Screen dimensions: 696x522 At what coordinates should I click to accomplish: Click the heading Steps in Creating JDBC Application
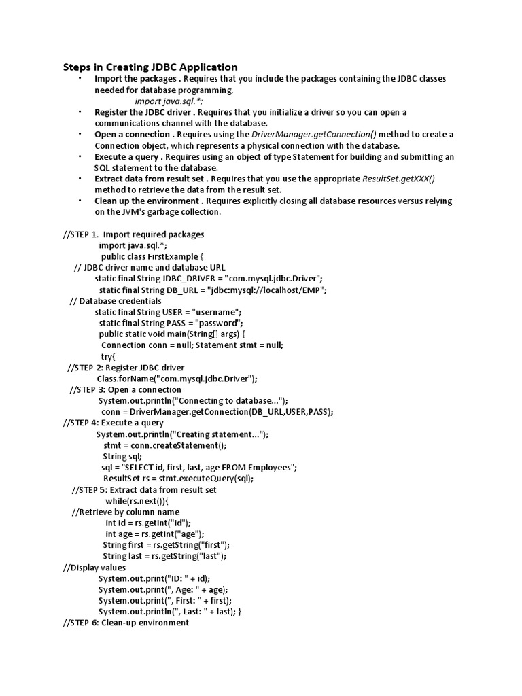coord(150,67)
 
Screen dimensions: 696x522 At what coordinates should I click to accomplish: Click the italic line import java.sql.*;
coord(164,101)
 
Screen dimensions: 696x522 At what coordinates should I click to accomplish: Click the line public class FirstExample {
coord(152,256)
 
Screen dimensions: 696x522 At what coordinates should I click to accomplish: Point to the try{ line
coord(109,356)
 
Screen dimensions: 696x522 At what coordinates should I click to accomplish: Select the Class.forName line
coord(177,379)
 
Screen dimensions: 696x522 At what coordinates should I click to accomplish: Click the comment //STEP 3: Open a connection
coord(126,389)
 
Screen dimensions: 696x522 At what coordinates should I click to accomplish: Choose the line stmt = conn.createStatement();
coord(165,445)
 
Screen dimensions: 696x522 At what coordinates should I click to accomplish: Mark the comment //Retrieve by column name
coord(126,512)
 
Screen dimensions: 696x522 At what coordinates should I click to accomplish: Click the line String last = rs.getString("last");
coord(164,556)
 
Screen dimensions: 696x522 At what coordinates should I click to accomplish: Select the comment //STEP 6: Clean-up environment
coord(126,623)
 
